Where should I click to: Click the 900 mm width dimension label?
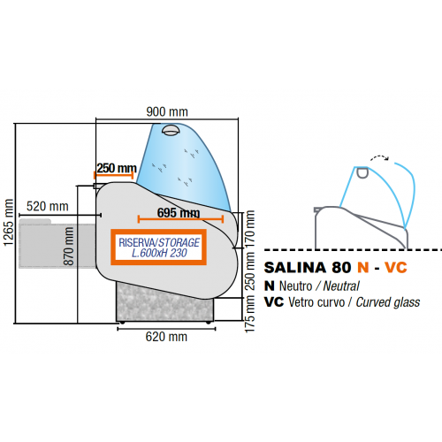[168, 112]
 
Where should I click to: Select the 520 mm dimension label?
[48, 206]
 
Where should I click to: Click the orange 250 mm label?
[116, 168]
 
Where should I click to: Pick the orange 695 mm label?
[178, 213]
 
